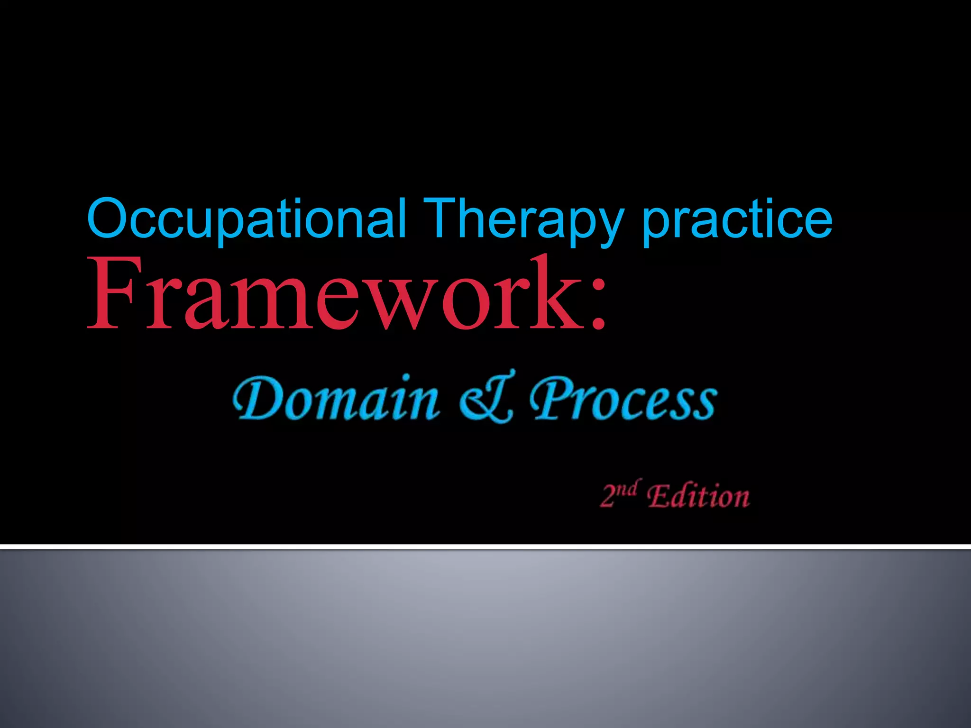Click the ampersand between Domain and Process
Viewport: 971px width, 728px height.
486,398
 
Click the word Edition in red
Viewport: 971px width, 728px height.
698,497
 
